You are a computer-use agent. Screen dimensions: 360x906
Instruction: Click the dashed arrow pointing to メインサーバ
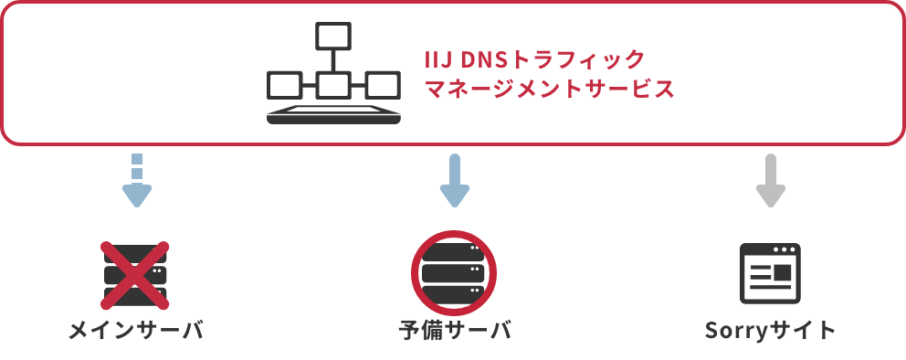(136, 181)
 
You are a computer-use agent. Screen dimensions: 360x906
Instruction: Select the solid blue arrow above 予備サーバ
(454, 181)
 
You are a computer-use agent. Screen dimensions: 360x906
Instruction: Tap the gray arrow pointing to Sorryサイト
(771, 181)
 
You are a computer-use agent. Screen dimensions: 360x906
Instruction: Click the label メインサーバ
(136, 330)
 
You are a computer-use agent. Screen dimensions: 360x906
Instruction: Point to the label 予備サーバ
(454, 330)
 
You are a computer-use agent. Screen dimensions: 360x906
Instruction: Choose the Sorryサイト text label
(770, 330)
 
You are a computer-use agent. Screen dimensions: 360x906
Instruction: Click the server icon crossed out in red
(135, 273)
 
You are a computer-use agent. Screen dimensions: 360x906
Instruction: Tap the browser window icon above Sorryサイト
(770, 273)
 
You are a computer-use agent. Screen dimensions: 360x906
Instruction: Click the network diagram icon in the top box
(333, 74)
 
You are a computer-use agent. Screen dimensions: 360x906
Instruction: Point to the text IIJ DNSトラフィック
(535, 60)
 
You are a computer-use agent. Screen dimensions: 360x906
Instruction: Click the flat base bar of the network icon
(333, 117)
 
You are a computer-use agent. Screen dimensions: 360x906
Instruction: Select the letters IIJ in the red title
(439, 60)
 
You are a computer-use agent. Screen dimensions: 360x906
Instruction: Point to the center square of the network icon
(332, 86)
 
